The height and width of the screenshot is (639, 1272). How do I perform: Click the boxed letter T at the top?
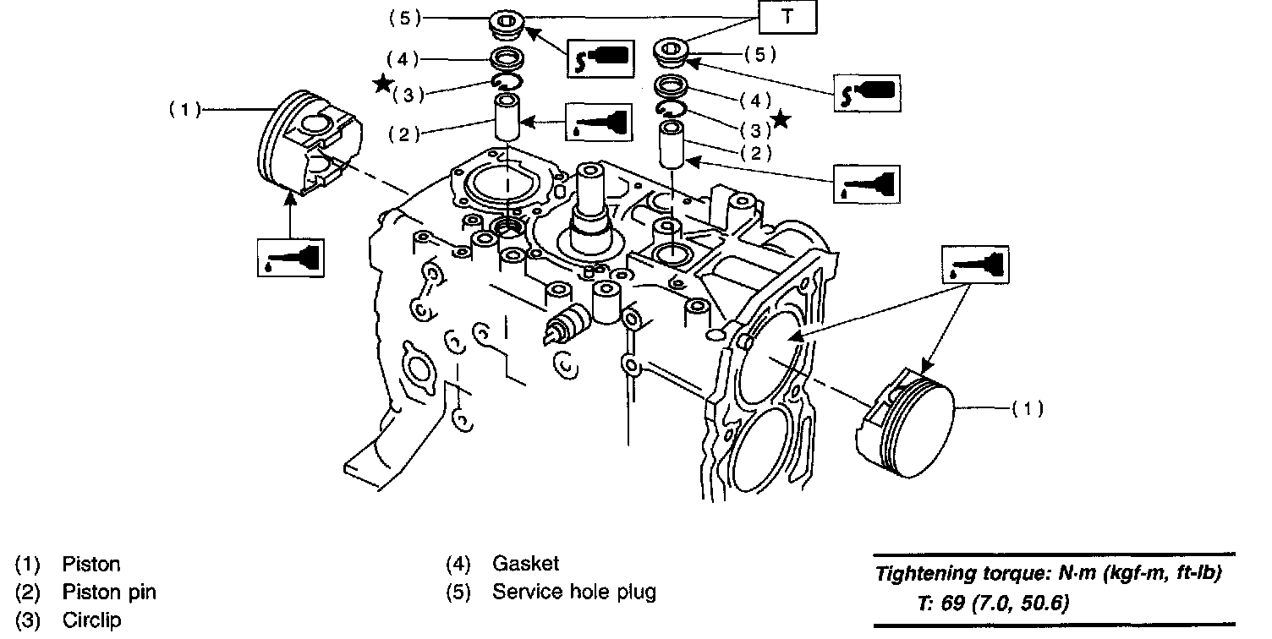787,18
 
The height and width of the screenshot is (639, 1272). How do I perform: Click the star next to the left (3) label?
383,84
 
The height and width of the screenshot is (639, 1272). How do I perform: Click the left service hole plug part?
508,25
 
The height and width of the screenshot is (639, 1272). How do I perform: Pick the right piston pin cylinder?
673,145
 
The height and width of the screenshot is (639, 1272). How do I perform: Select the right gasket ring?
673,85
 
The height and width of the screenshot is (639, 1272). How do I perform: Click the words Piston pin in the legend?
108,592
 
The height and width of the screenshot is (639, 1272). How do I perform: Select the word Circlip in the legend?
91,620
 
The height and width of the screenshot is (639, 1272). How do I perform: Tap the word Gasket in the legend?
525,564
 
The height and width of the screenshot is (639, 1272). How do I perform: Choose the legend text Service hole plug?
573,592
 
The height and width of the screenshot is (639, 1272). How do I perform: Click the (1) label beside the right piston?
1028,409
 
